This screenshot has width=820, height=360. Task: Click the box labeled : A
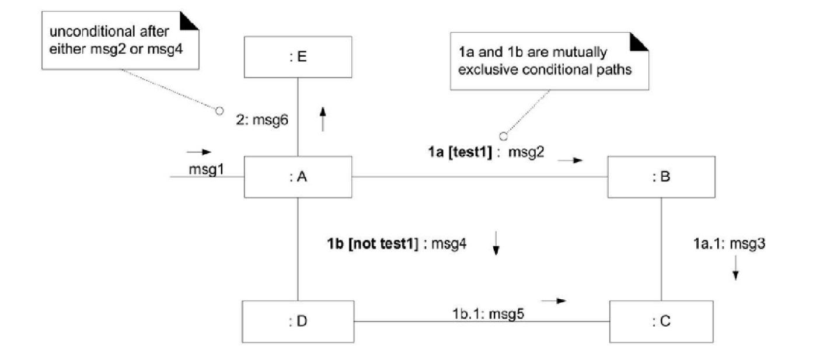(x=298, y=177)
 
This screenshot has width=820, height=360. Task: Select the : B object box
(x=661, y=177)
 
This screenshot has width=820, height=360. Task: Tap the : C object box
(x=661, y=321)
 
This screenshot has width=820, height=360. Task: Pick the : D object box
(x=298, y=321)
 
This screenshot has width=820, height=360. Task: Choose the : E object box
(x=298, y=57)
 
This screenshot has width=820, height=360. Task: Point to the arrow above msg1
(x=198, y=152)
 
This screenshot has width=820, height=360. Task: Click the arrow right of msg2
(x=570, y=160)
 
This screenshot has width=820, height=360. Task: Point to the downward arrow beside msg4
(x=496, y=243)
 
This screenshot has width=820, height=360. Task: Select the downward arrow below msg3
(x=735, y=268)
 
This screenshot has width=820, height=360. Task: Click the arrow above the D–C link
(x=554, y=300)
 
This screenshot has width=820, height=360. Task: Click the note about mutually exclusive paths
(x=549, y=61)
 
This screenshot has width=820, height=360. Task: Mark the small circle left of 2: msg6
(x=219, y=110)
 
